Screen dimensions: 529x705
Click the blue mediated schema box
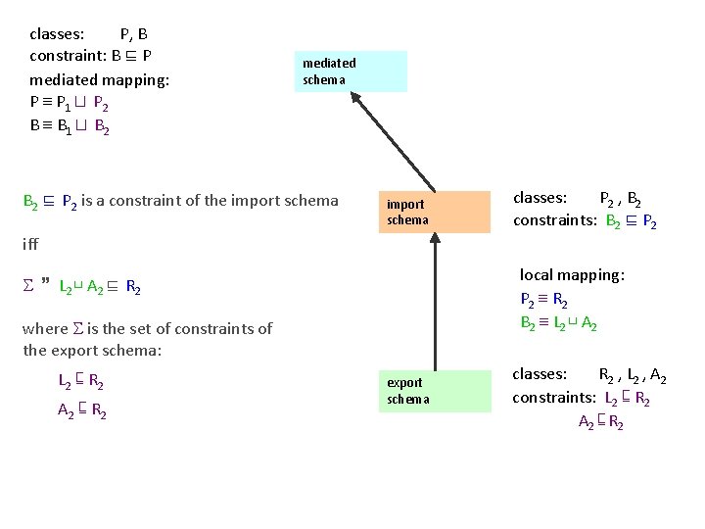(351, 72)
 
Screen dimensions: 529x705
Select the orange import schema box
(435, 212)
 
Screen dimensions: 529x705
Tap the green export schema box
(435, 390)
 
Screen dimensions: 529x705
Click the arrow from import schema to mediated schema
(395, 141)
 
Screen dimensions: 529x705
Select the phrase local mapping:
(572, 275)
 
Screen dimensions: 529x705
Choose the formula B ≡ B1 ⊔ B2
(70, 125)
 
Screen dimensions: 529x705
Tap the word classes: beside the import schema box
(540, 197)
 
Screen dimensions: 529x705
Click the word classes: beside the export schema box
(540, 374)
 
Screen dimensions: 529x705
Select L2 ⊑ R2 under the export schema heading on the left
(81, 382)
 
